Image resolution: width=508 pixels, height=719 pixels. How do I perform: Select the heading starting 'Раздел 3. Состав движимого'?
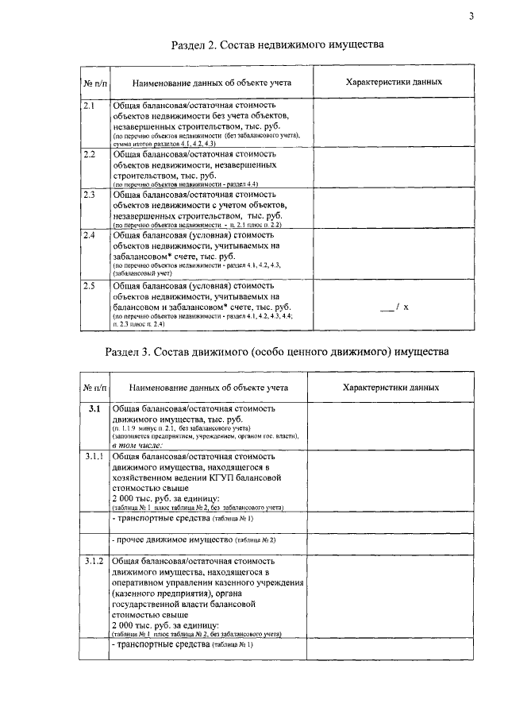[x=277, y=351]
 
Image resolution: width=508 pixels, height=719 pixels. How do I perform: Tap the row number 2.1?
[x=89, y=105]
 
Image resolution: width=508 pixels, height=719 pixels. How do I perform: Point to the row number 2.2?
[x=89, y=153]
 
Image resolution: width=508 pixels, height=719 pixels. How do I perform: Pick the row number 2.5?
[x=89, y=284]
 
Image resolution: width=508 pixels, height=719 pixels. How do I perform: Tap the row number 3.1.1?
[x=94, y=457]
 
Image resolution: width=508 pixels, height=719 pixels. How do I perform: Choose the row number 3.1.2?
[x=94, y=562]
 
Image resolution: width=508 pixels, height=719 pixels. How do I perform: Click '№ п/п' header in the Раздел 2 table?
[x=94, y=83]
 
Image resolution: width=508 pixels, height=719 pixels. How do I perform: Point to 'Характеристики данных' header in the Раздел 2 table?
[x=394, y=83]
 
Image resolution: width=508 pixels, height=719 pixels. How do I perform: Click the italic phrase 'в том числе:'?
[x=137, y=445]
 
